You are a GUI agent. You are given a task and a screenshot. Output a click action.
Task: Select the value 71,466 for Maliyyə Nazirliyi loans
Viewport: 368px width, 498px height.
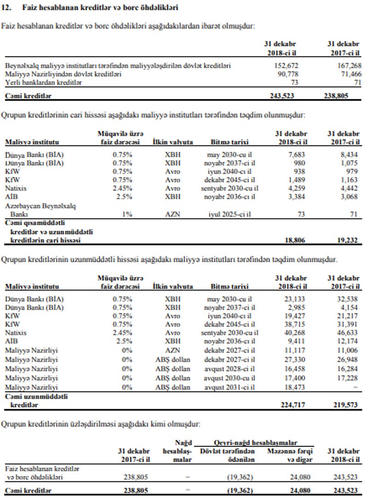350,74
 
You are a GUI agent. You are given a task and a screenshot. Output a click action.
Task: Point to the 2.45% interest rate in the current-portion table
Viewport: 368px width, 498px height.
122,188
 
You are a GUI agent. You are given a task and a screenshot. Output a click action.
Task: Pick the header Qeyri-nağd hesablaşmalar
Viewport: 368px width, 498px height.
255,443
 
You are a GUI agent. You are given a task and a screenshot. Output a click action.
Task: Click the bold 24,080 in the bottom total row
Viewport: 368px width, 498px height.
303,490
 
